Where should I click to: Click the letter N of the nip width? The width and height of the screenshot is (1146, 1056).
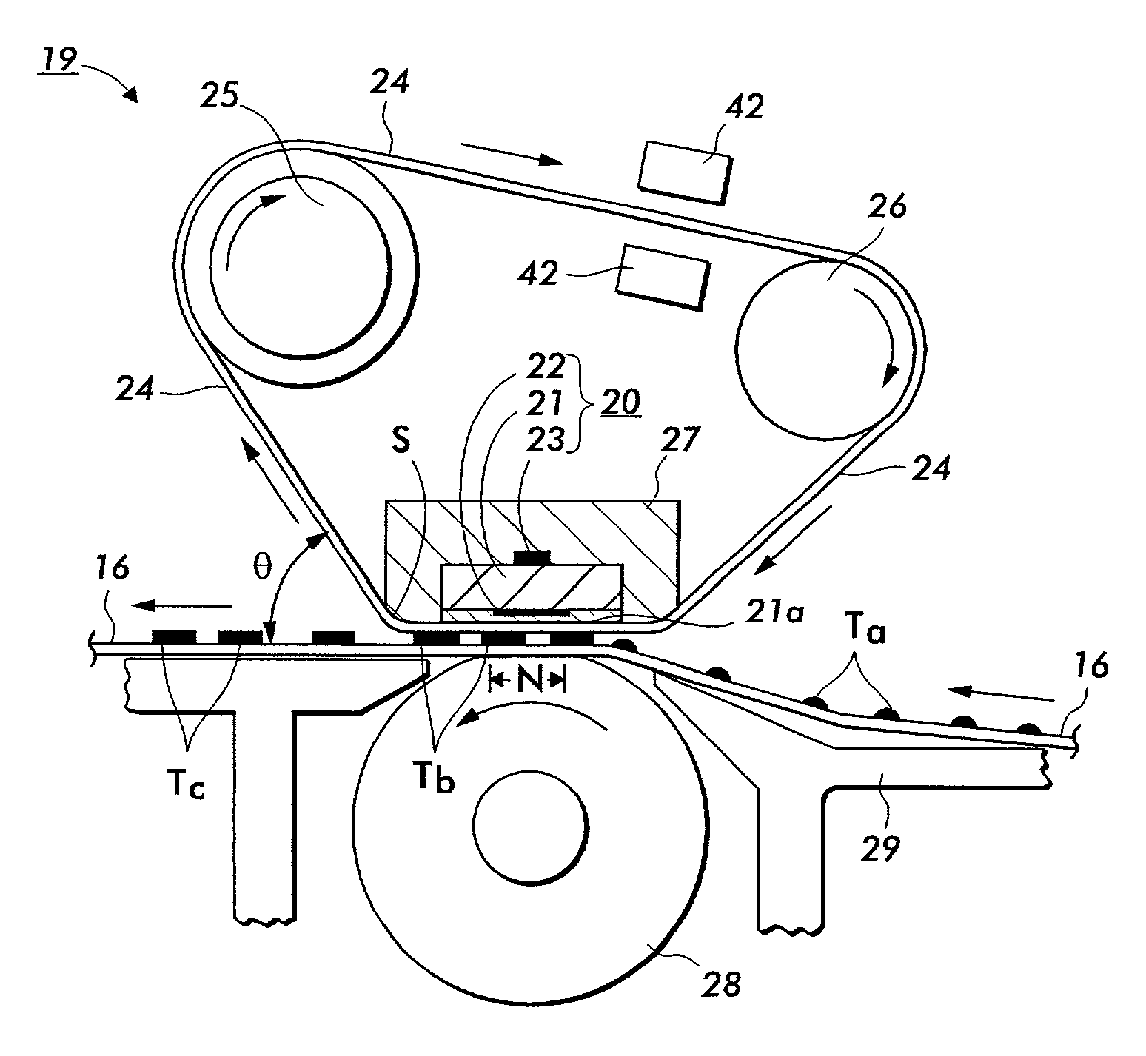click(x=527, y=682)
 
